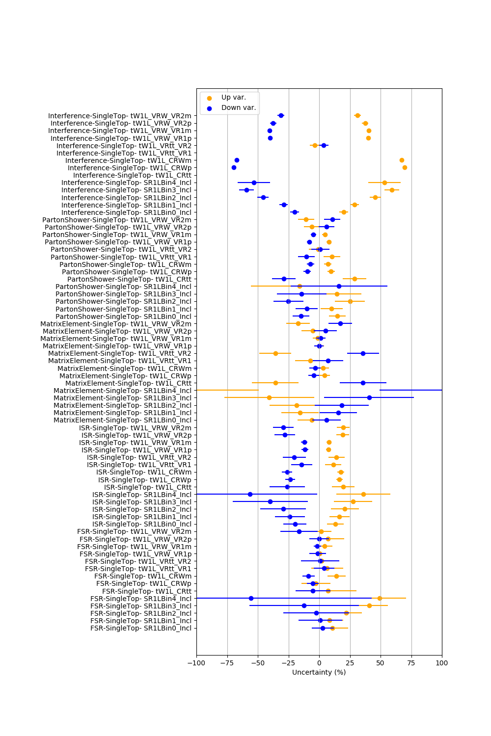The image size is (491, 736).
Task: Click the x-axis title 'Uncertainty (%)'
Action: [319, 672]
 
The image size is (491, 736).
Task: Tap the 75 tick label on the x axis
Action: [411, 663]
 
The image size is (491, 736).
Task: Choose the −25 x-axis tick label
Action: [289, 663]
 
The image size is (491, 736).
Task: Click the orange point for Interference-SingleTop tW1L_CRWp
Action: [405, 168]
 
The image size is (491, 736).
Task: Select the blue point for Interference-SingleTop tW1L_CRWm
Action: [237, 160]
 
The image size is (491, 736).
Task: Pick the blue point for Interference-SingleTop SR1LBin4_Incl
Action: [254, 183]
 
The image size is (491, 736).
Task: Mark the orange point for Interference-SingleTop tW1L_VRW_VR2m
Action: [357, 116]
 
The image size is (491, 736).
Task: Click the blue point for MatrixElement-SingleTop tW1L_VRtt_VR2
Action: [363, 354]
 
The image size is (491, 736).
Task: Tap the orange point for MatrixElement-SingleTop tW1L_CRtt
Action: [275, 383]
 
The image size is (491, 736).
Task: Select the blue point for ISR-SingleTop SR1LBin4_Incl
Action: [250, 495]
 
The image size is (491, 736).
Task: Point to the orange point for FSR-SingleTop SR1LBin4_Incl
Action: [380, 598]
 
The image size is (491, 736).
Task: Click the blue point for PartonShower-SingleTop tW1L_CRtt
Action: [284, 279]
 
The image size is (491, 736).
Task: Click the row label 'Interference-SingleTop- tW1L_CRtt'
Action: [132, 176]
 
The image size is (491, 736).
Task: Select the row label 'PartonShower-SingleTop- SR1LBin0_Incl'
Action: [123, 316]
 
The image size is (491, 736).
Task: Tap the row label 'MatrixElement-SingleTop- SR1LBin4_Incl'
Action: [122, 391]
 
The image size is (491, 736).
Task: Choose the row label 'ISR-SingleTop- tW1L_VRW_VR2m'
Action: [135, 428]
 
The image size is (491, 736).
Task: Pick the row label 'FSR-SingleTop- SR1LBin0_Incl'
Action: [141, 628]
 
